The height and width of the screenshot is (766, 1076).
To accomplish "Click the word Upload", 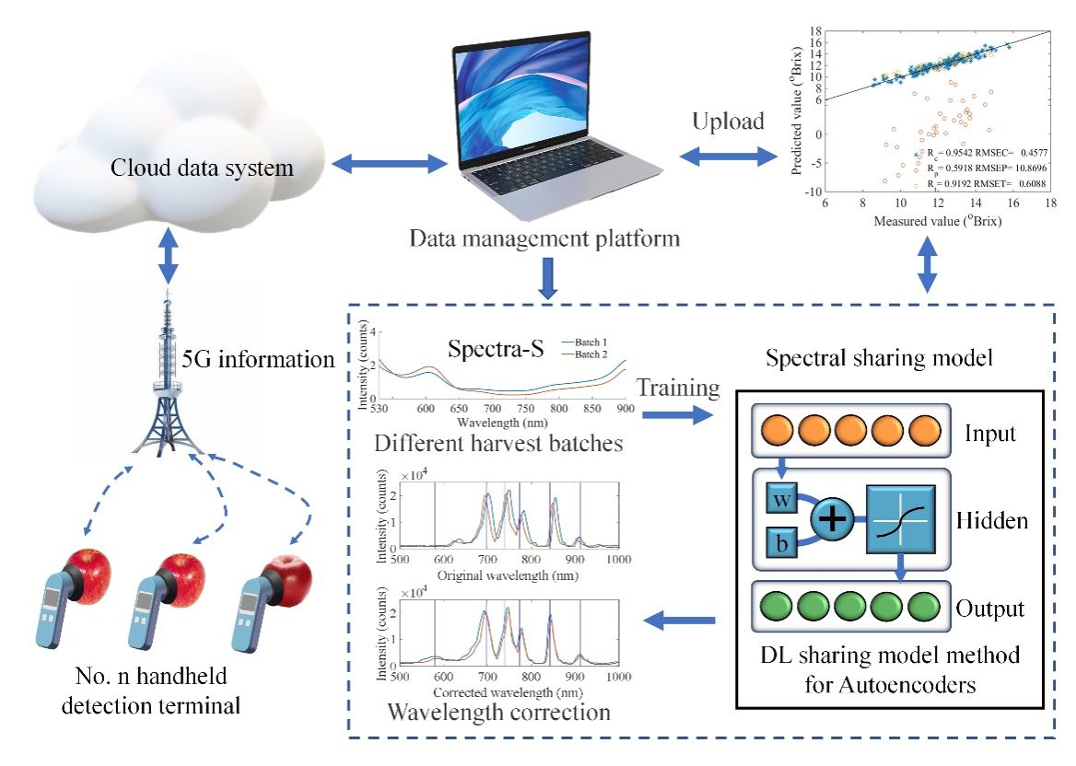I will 728,122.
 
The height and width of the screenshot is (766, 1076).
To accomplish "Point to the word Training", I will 677,389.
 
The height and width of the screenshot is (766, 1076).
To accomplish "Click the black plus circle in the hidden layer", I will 832,519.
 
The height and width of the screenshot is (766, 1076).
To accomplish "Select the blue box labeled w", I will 782,500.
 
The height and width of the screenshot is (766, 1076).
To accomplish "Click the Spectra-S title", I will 494,350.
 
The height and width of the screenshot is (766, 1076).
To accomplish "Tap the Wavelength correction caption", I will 498,712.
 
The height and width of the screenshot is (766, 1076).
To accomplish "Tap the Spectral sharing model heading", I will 879,357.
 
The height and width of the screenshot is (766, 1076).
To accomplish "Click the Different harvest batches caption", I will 498,443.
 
